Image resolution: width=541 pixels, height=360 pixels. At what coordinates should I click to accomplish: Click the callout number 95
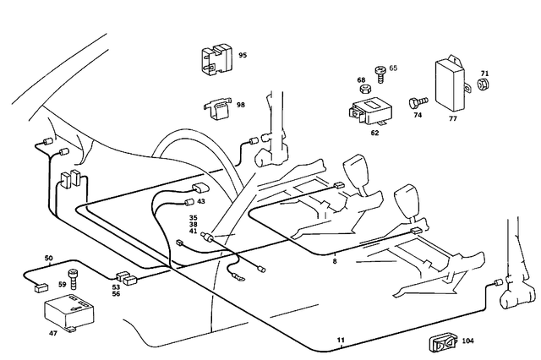click(x=242, y=56)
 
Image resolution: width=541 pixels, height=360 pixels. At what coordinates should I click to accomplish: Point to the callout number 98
click(x=241, y=105)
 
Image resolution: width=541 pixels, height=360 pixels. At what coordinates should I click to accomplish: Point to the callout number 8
click(x=335, y=262)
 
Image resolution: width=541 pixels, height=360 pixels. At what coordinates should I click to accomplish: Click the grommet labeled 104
click(x=440, y=342)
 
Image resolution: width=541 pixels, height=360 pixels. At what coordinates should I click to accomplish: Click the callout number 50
click(x=48, y=258)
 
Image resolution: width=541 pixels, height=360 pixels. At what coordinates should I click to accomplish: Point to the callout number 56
click(x=116, y=294)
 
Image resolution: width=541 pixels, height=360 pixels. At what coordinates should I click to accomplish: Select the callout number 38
click(x=193, y=225)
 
